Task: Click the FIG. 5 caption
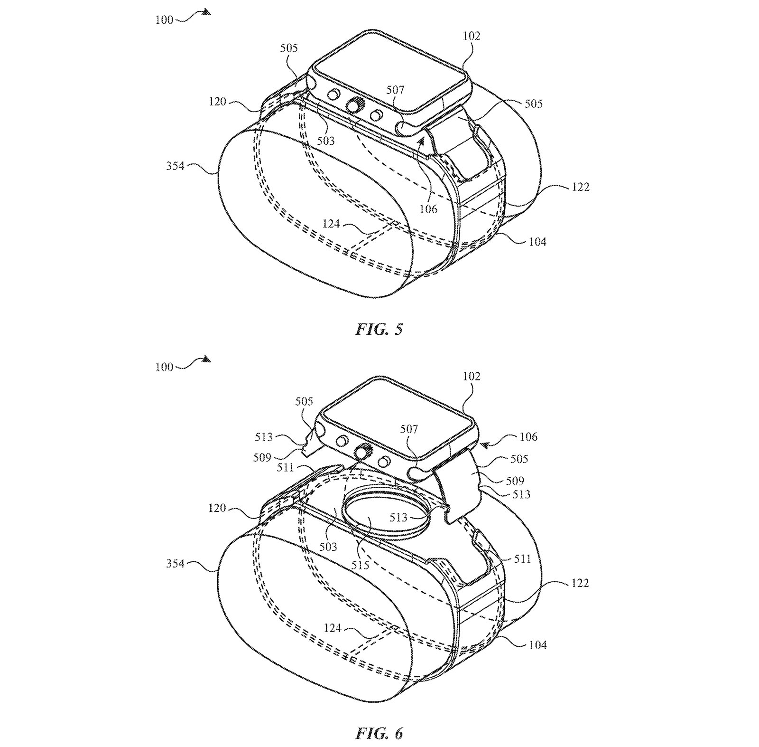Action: pos(379,329)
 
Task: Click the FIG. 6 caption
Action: pos(379,734)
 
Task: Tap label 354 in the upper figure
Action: pos(175,166)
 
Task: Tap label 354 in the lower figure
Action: pos(175,564)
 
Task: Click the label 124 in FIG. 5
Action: pos(331,223)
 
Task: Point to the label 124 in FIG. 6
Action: pos(333,628)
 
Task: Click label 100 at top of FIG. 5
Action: pos(164,20)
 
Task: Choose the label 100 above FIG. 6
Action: pos(164,367)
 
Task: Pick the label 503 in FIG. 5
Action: pos(326,141)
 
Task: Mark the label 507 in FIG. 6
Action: pos(409,429)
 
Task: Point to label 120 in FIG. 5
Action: pos(217,101)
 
